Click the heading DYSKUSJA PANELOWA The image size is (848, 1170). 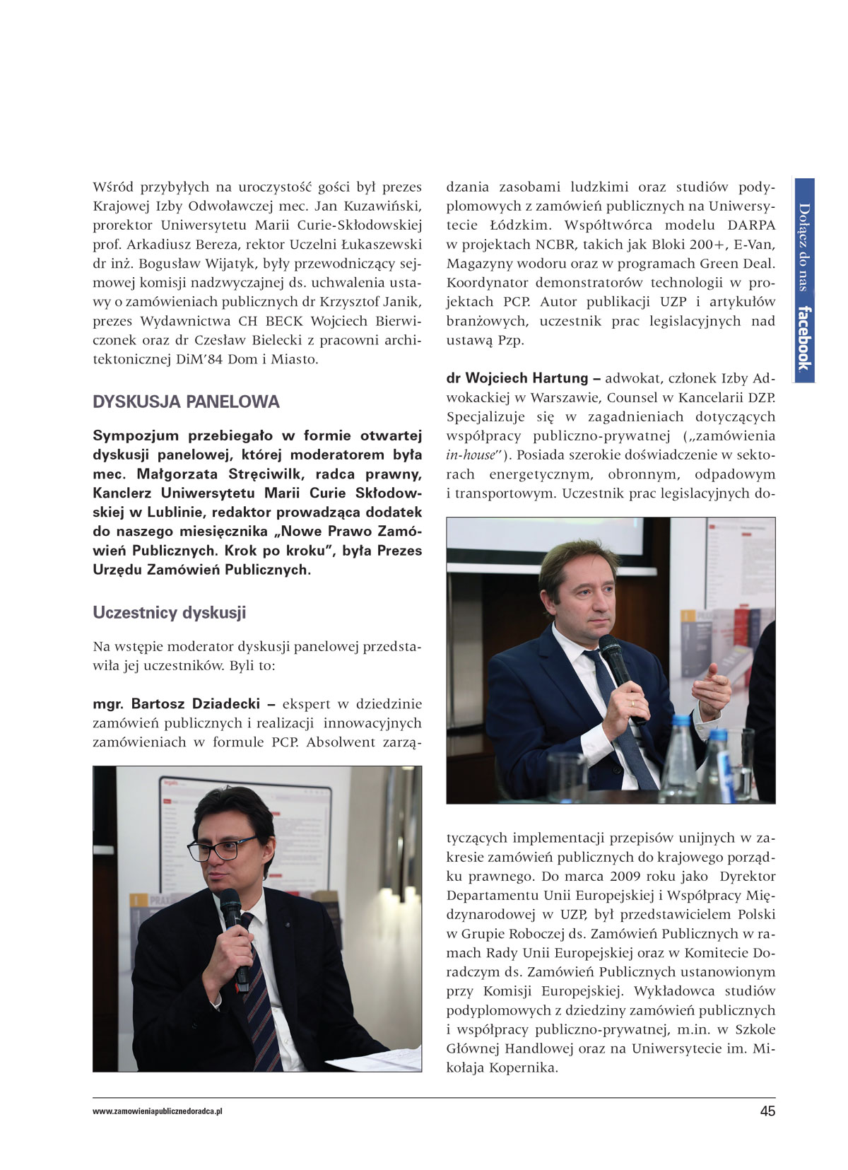pos(186,402)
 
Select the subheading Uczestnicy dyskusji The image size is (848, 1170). pos(170,612)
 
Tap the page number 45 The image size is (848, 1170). pos(767,1111)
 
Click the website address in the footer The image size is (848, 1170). pos(158,1111)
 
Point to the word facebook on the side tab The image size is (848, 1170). pos(804,338)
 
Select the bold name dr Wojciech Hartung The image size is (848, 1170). pos(517,378)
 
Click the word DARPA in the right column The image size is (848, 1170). pos(750,226)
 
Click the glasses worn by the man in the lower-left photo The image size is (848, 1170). pos(220,848)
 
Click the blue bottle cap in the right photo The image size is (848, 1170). pos(682,721)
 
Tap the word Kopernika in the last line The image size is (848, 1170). pos(522,1067)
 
